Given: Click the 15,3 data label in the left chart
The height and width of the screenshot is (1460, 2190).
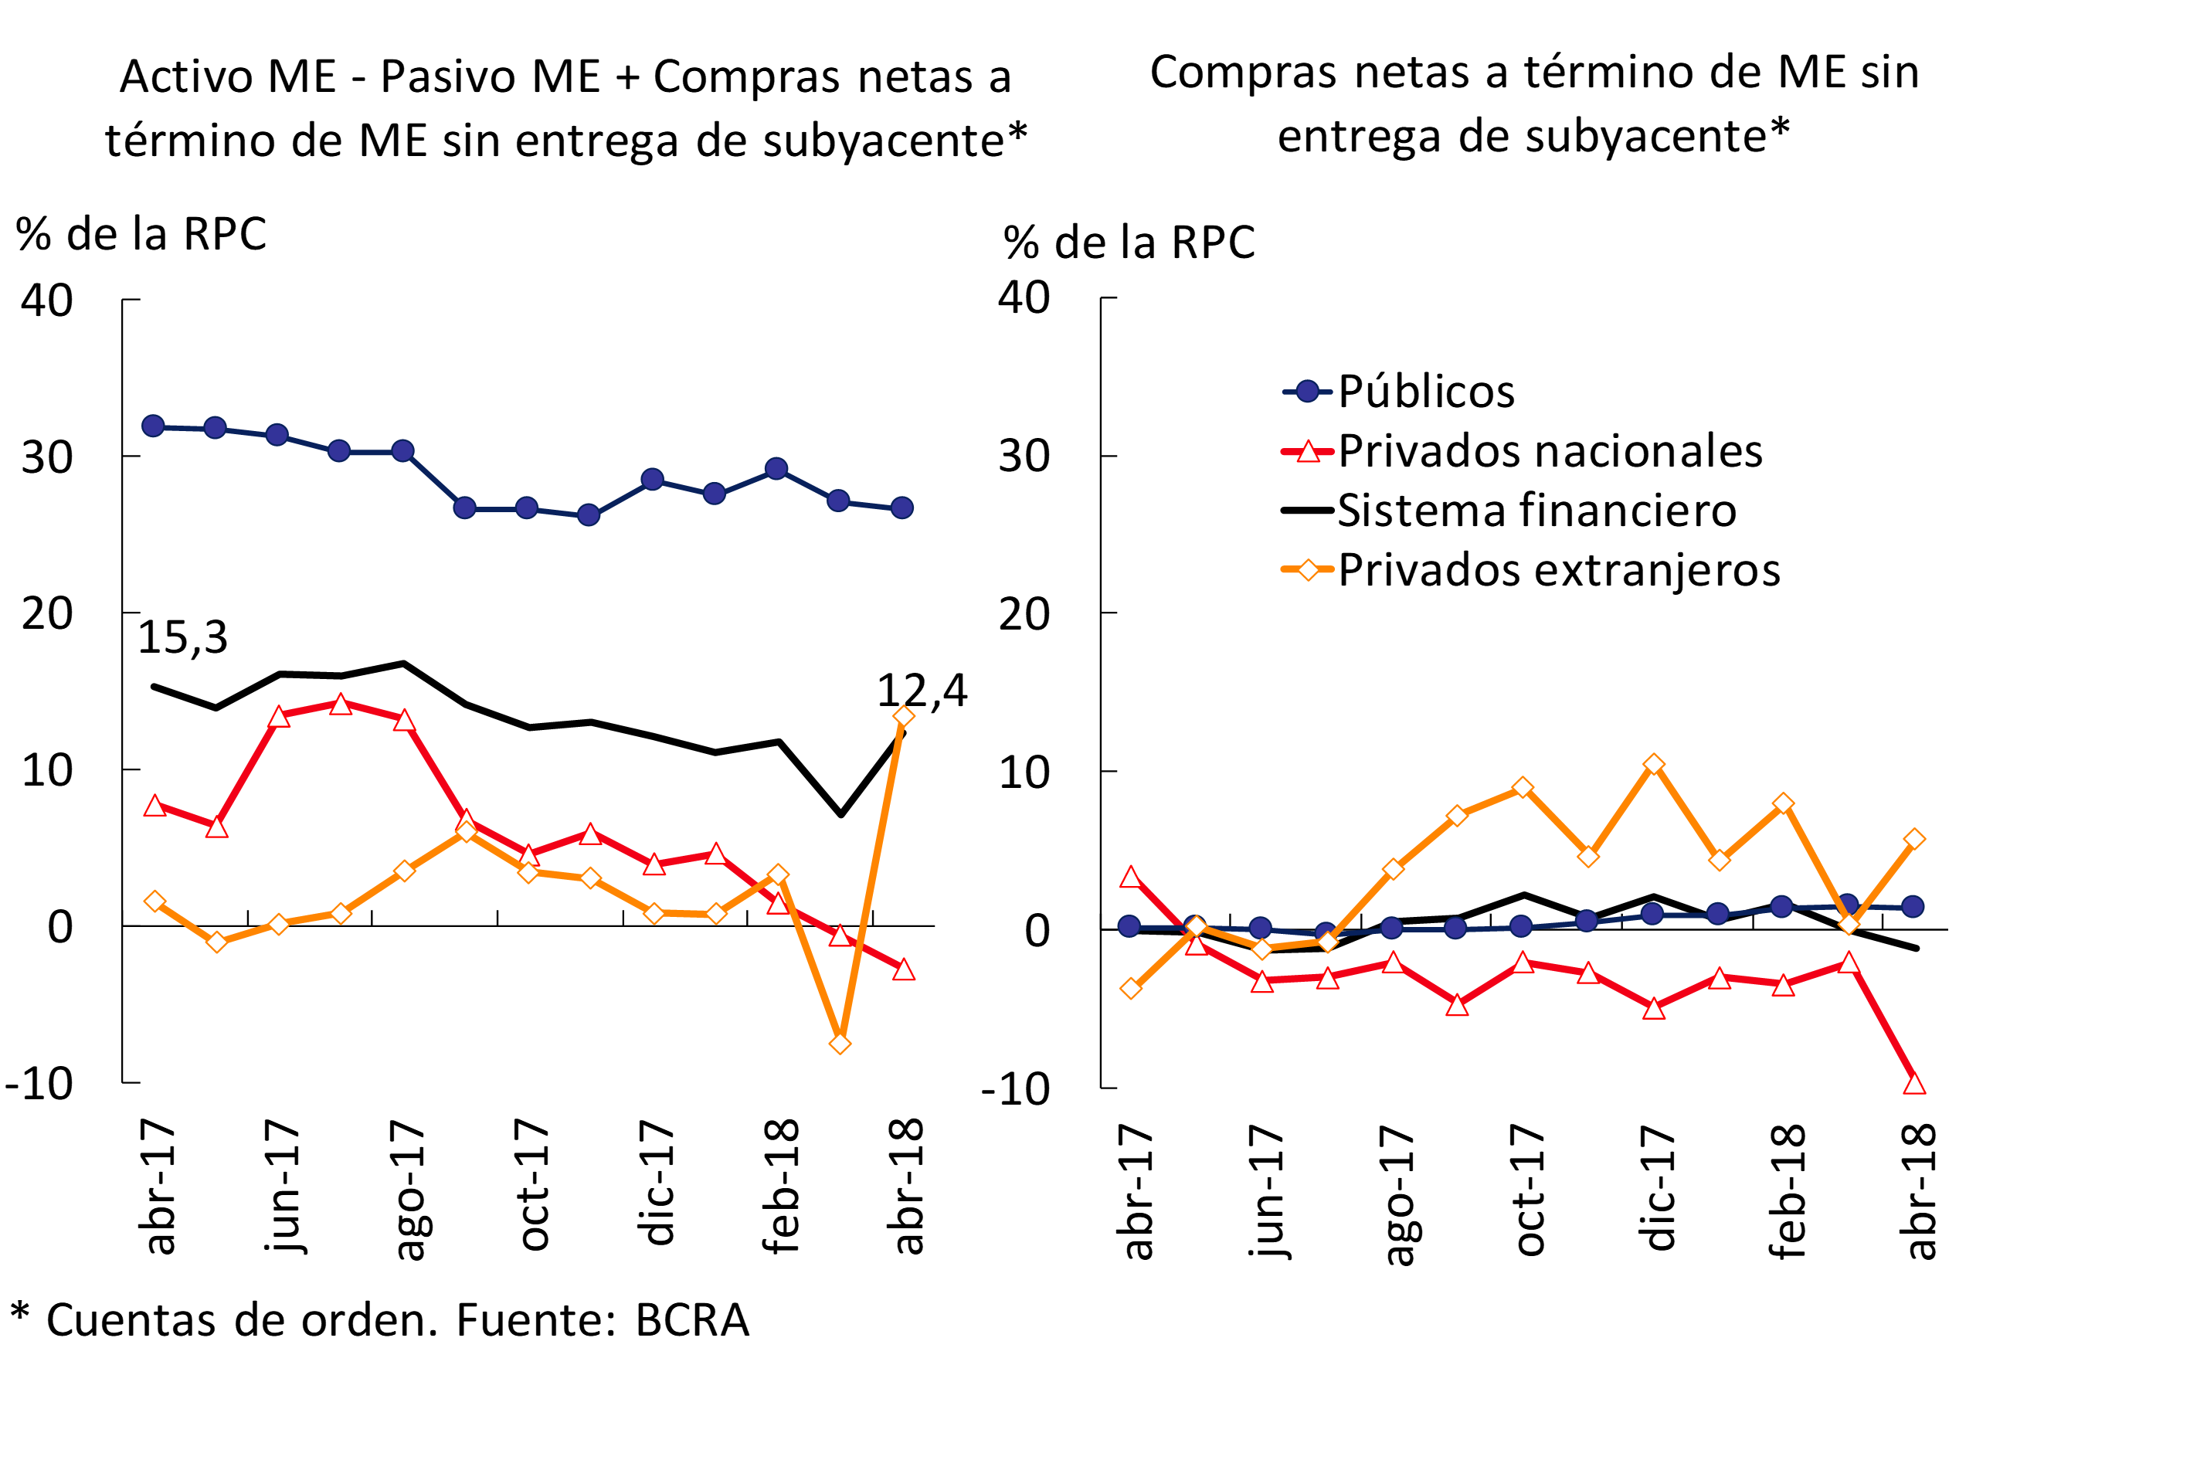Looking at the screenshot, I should (x=182, y=638).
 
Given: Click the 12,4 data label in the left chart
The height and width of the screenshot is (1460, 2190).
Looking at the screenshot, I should (x=922, y=691).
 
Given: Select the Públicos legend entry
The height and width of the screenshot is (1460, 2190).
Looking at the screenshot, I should (x=1424, y=391).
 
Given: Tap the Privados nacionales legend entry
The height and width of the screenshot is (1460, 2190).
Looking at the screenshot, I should (x=1550, y=452).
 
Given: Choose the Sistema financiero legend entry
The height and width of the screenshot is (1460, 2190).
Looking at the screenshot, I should (x=1536, y=511).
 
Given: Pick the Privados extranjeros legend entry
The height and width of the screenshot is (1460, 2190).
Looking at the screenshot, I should (x=1558, y=570).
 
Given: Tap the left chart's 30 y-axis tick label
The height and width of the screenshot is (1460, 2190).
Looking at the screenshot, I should (x=47, y=457).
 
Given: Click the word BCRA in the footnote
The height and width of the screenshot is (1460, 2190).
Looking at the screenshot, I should (x=692, y=1320).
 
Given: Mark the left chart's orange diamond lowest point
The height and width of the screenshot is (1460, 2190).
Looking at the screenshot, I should (x=840, y=1044).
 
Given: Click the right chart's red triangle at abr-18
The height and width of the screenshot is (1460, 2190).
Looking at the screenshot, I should (x=1914, y=1084).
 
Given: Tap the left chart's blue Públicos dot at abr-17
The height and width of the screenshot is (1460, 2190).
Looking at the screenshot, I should (x=154, y=426).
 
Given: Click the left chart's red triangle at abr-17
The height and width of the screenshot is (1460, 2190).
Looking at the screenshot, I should (x=154, y=806).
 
